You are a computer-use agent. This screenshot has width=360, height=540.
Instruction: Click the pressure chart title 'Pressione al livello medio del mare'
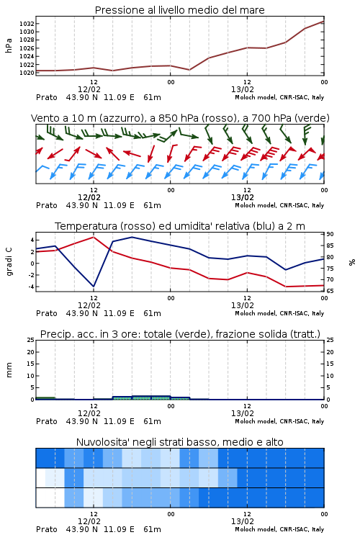pos(179,10)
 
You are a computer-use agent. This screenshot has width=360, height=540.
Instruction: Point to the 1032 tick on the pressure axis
pos(26,24)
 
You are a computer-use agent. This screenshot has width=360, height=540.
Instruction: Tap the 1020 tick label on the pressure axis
pos(26,73)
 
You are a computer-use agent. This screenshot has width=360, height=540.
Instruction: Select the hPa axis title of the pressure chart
pos(9,45)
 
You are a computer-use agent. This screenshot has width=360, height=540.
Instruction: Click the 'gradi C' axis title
pos(9,262)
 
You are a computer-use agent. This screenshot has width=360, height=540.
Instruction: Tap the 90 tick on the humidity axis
pos(330,234)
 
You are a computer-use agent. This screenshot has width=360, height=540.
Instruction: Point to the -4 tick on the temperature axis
pos(31,287)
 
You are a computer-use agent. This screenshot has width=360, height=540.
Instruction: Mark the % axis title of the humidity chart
pos(352,262)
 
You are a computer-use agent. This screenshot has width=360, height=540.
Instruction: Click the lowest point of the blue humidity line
pos(94,286)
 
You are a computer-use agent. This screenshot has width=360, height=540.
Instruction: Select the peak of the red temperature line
pos(94,237)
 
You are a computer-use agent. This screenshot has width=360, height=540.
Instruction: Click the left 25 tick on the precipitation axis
pos(31,340)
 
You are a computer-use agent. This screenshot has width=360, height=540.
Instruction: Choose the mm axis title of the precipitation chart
pos(9,370)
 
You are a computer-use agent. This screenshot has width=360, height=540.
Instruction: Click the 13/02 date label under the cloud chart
pos(243,521)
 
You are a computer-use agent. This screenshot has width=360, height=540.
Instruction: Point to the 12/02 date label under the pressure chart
pos(89,89)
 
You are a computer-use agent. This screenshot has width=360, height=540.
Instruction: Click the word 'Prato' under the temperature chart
pos(47,313)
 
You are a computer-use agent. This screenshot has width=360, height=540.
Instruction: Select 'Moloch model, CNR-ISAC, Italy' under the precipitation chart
pos(279,421)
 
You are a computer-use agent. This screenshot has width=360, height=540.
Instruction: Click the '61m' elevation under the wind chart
pos(152,205)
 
